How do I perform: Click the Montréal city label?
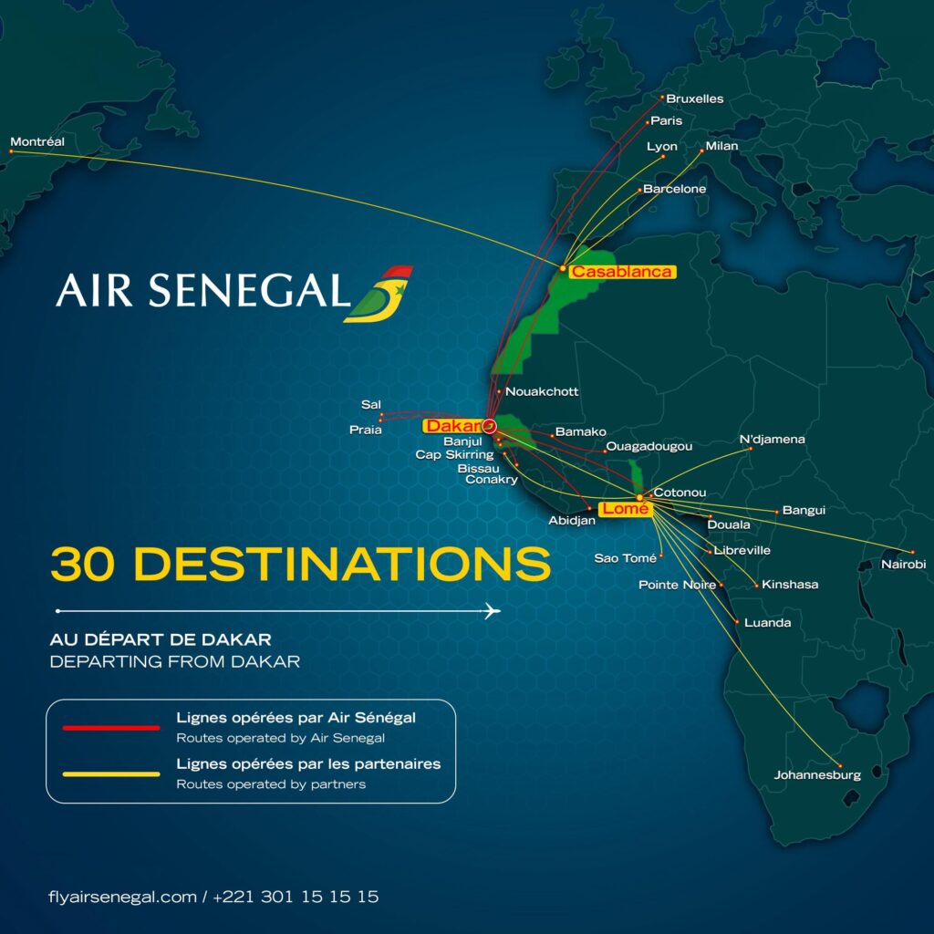[x=37, y=141]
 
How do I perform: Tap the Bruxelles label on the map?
[x=694, y=99]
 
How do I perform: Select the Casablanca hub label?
[x=621, y=272]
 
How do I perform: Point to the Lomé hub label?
[x=626, y=509]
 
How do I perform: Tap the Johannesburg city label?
[x=817, y=775]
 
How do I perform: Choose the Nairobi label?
[x=903, y=565]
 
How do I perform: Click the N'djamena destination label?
[x=772, y=439]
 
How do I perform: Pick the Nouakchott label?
[x=542, y=391]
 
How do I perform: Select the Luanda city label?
[x=768, y=623]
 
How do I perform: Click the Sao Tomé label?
[x=626, y=558]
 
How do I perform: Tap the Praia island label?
[x=366, y=430]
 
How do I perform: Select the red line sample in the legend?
[x=110, y=728]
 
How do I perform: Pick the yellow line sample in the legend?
[x=110, y=774]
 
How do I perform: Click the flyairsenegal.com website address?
[x=122, y=897]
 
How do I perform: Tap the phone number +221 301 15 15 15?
[x=296, y=897]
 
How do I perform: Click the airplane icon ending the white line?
[x=493, y=610]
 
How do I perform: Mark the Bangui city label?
[x=804, y=510]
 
